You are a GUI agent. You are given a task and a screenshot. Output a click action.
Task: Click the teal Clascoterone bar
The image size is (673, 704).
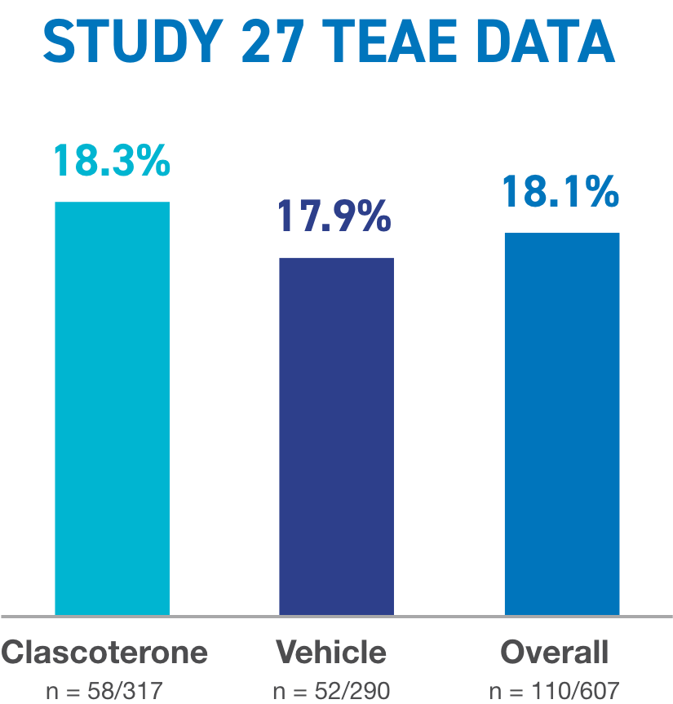113,408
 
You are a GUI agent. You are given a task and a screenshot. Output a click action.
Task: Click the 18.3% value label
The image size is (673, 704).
112,161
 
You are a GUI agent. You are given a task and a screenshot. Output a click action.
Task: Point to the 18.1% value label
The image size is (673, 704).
560,193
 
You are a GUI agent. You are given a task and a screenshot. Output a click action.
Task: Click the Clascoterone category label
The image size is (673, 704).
104,653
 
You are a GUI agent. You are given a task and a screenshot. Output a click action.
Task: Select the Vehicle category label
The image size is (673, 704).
331,653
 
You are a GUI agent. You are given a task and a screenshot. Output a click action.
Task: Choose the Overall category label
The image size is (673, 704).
555,653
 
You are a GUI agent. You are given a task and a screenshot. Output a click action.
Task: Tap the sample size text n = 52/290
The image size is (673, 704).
331,690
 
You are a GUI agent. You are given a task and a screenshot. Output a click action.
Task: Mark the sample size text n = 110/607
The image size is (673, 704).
556,690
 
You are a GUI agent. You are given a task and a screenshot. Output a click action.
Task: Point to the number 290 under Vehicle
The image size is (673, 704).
370,690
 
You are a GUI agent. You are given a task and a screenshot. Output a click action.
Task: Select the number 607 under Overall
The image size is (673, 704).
600,690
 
